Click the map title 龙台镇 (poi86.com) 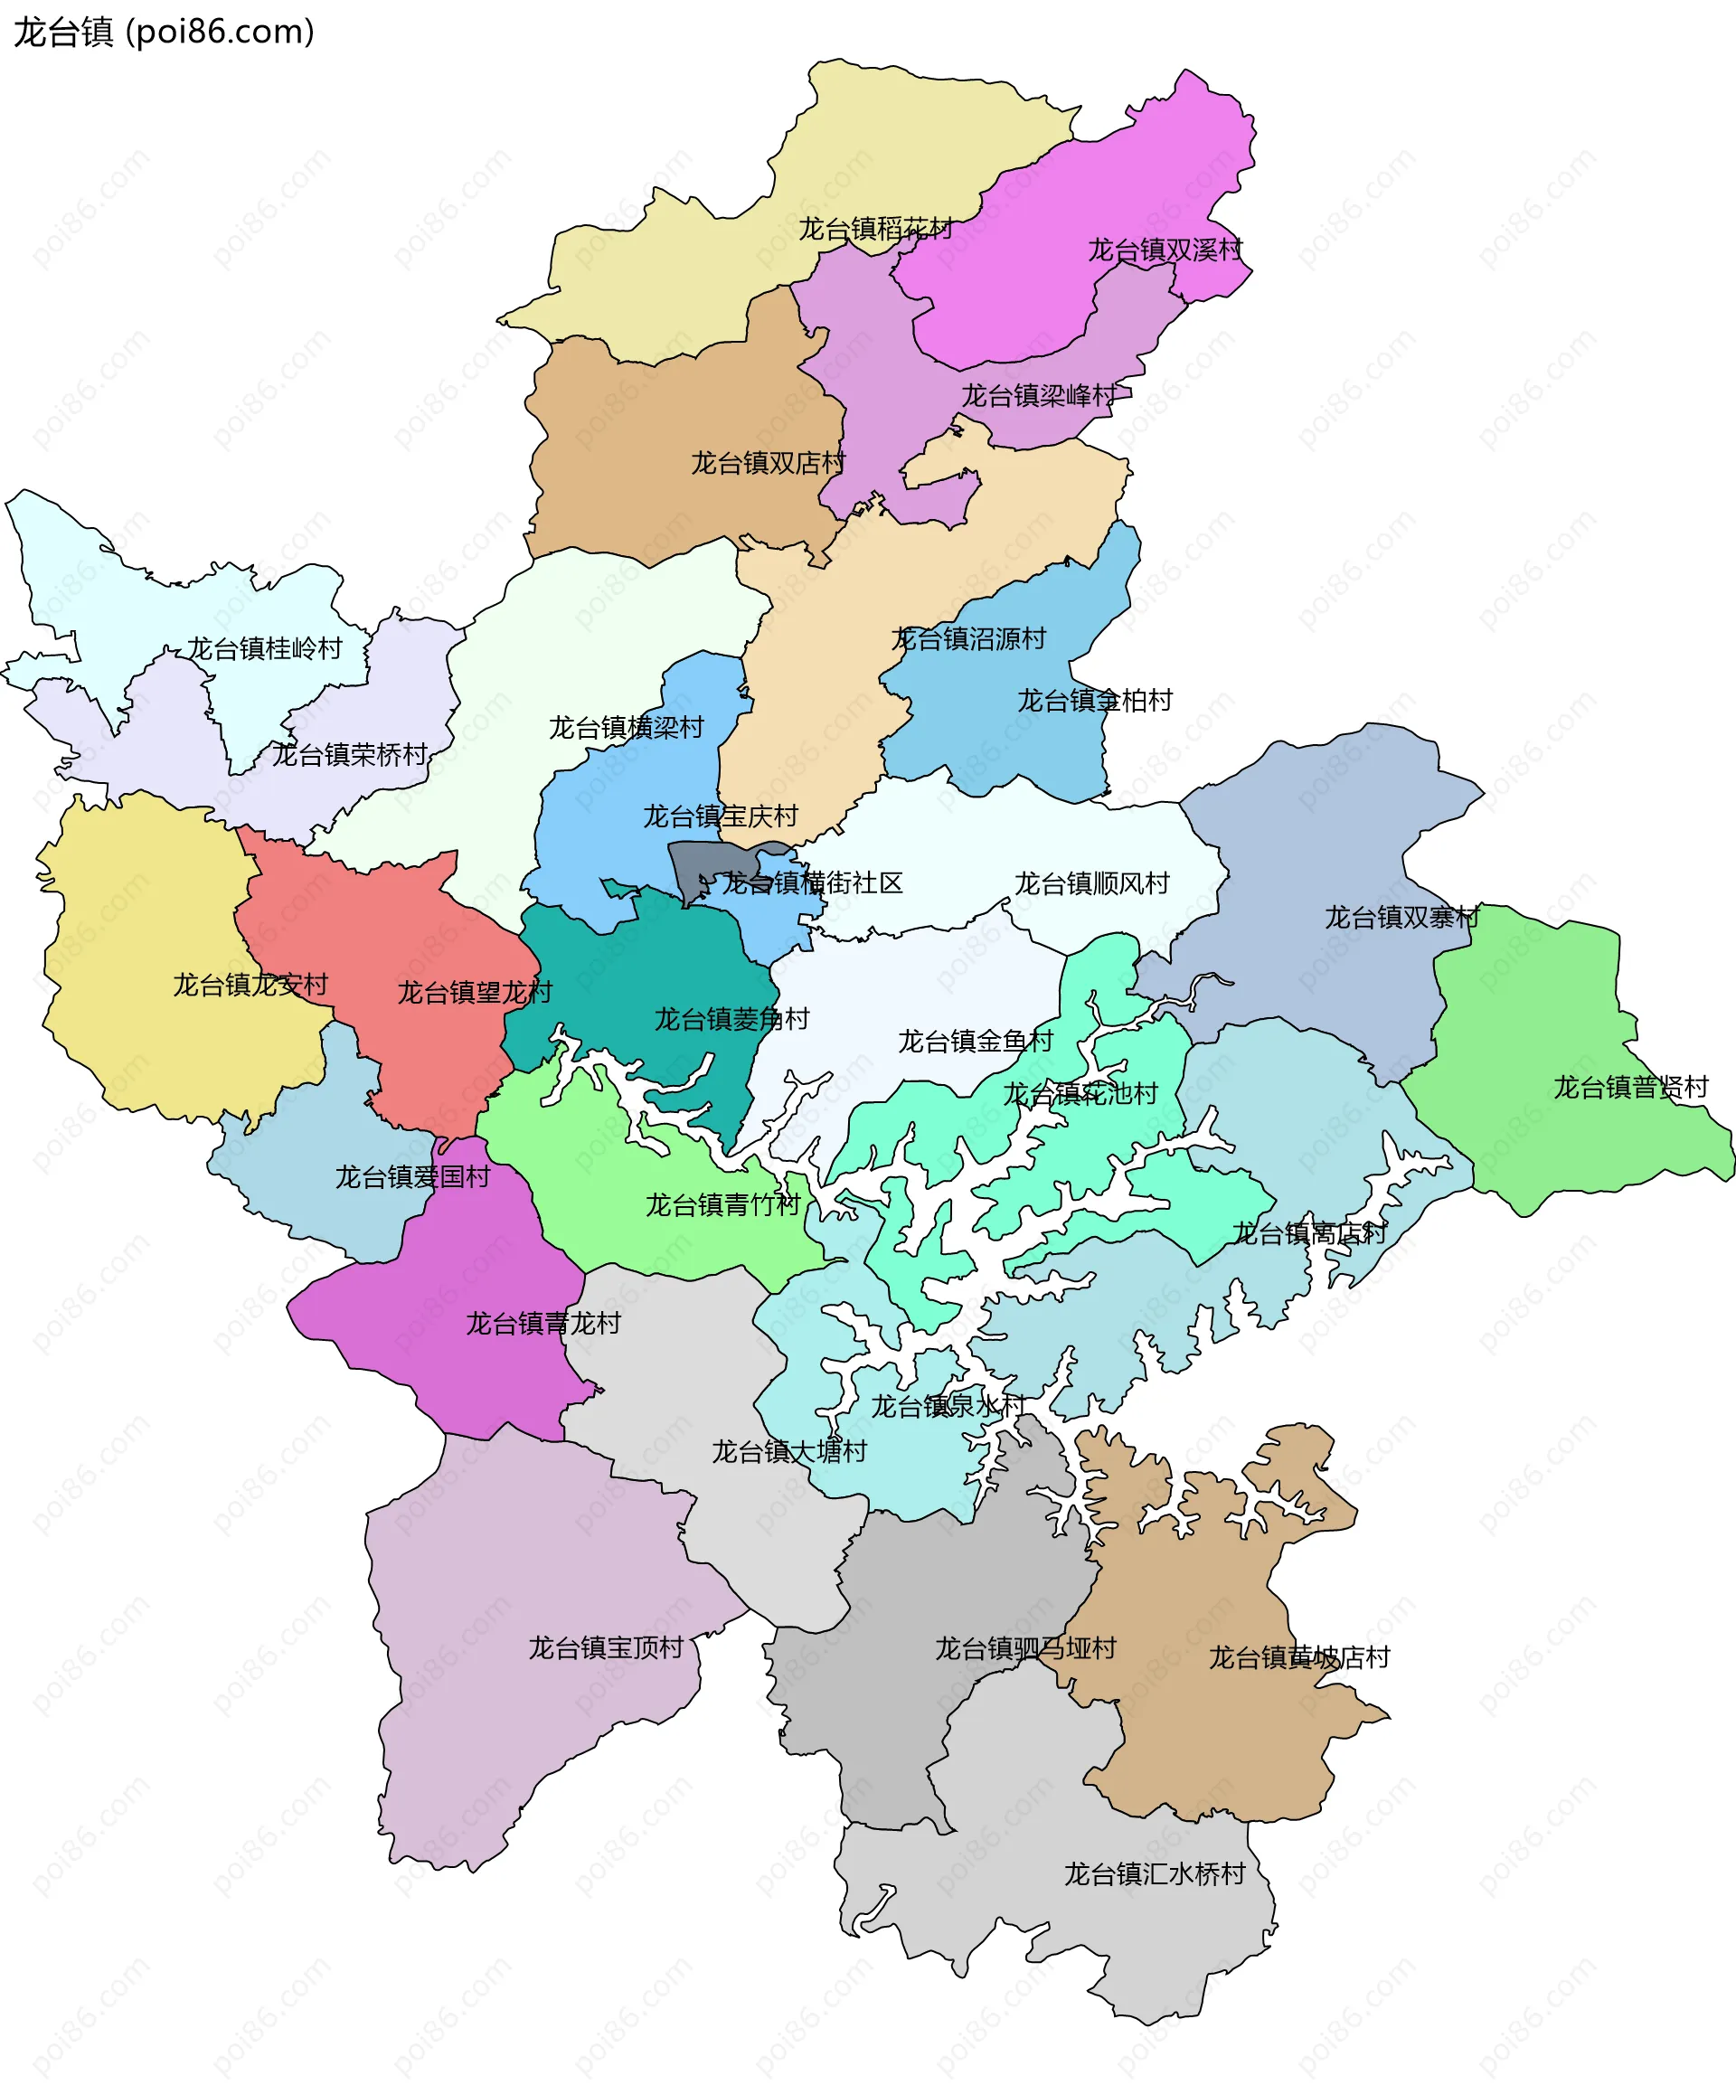tap(164, 32)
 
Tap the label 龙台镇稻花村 tap(875, 230)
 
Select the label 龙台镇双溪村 tap(1164, 250)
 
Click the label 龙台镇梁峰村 tap(1038, 396)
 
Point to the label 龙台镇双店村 tap(768, 464)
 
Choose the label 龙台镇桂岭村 tap(264, 649)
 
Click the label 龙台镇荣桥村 tap(350, 756)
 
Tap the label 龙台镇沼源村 tap(968, 639)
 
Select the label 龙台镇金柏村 tap(1094, 701)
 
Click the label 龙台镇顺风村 tap(1091, 883)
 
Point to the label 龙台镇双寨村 tap(1401, 919)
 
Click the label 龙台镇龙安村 tap(250, 986)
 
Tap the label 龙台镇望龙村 tap(475, 993)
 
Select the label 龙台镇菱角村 tap(732, 1020)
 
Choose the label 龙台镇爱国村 tap(412, 1177)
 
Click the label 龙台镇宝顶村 tap(606, 1649)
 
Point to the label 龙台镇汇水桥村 tap(1154, 1874)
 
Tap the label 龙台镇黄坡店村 tap(1298, 1658)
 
